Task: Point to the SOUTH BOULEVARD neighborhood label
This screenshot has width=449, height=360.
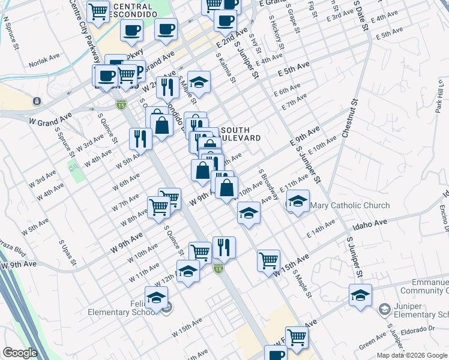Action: tap(241, 134)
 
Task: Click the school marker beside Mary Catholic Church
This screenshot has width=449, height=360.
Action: tap(297, 202)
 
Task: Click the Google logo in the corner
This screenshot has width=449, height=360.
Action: tap(20, 353)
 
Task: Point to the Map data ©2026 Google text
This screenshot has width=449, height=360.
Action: tap(411, 355)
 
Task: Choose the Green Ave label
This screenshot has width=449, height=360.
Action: tap(373, 341)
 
